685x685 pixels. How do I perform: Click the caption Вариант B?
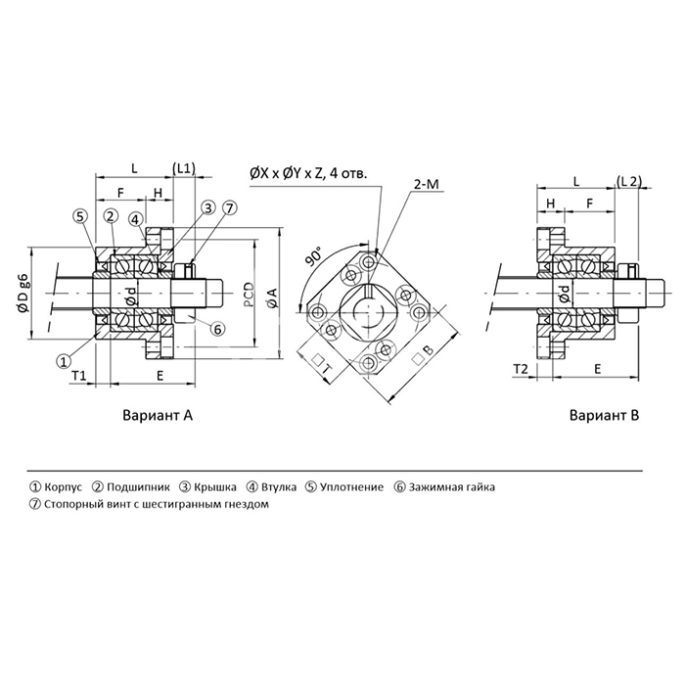coord(604,415)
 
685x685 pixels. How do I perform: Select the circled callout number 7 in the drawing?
coord(229,207)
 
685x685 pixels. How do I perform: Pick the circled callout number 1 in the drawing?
coord(64,360)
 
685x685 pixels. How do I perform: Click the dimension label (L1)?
coord(183,167)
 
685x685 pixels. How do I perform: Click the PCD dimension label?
coord(249,294)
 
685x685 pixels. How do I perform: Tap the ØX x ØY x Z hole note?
coord(308,172)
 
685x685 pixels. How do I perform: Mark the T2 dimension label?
coord(521,368)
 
